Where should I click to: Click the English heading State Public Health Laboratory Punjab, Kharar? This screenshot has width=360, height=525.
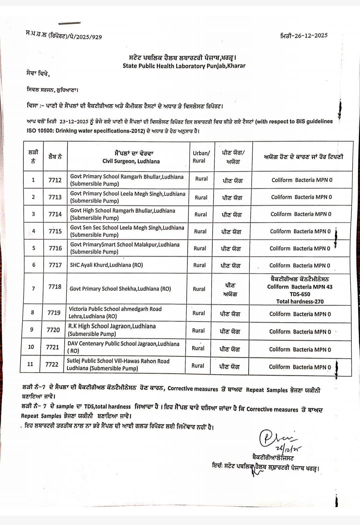click(x=184, y=66)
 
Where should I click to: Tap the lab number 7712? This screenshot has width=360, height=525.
click(x=55, y=180)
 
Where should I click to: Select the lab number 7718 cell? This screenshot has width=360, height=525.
click(x=55, y=287)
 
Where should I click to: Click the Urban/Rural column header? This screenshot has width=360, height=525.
click(x=201, y=157)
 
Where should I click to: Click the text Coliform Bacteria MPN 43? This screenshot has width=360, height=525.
click(x=300, y=287)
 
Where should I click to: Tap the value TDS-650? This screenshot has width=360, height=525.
click(x=300, y=294)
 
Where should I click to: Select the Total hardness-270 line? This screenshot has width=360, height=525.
click(x=300, y=302)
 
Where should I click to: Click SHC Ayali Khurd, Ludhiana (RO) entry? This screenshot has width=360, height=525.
click(x=106, y=265)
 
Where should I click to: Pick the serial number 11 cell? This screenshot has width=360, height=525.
click(x=30, y=364)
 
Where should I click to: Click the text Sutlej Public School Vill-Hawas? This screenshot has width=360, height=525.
click(x=118, y=361)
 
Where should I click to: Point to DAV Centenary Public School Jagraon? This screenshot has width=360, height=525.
click(x=123, y=344)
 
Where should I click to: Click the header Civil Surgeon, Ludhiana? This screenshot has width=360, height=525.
click(x=131, y=161)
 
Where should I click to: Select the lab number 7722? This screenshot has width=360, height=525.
click(x=52, y=364)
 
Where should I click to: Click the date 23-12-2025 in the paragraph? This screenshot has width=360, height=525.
click(x=74, y=121)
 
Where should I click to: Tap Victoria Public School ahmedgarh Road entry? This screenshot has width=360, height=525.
click(x=115, y=309)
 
